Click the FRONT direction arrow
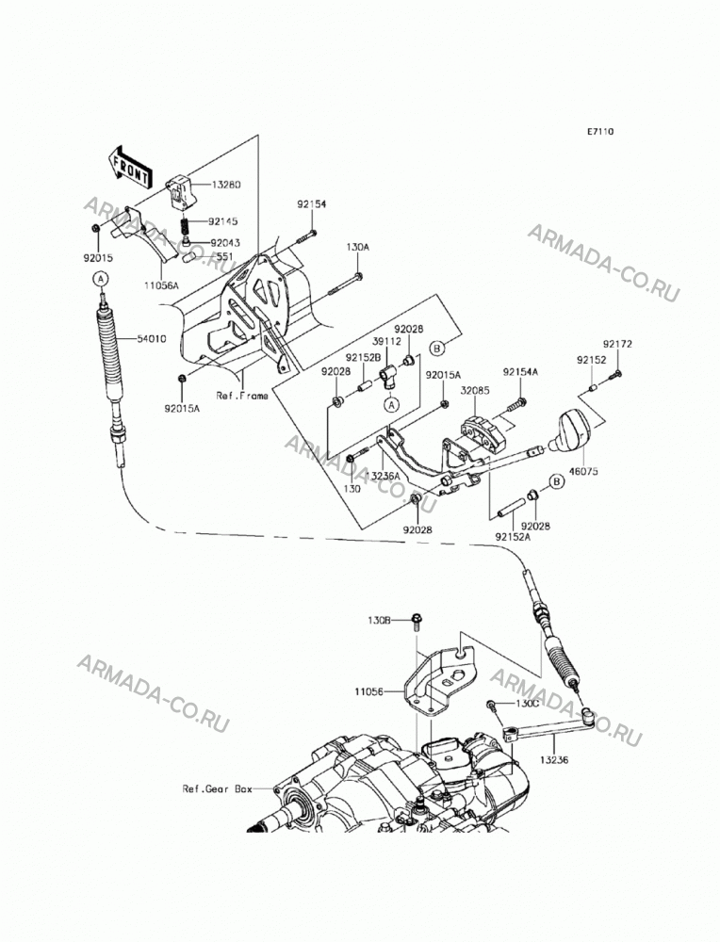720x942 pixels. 128,167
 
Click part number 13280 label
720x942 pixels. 225,185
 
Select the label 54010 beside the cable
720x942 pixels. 152,339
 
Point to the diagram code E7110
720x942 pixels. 600,132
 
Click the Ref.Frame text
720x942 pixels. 242,396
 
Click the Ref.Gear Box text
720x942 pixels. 218,788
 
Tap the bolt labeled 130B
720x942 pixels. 416,621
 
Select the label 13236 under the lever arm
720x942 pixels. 553,759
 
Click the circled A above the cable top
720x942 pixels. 101,278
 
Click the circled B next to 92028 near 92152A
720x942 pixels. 557,481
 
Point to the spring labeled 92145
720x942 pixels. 187,227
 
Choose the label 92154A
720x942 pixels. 520,372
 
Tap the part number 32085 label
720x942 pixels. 475,391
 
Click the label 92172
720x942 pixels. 617,344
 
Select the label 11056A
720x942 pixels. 162,286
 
